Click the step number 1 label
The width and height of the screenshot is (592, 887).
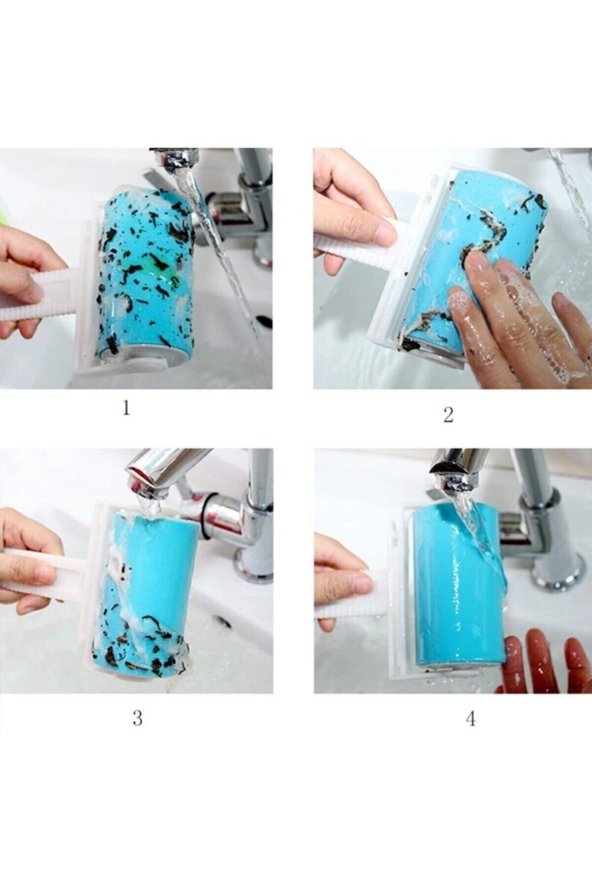(126, 408)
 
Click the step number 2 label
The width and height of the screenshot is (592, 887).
(448, 415)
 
